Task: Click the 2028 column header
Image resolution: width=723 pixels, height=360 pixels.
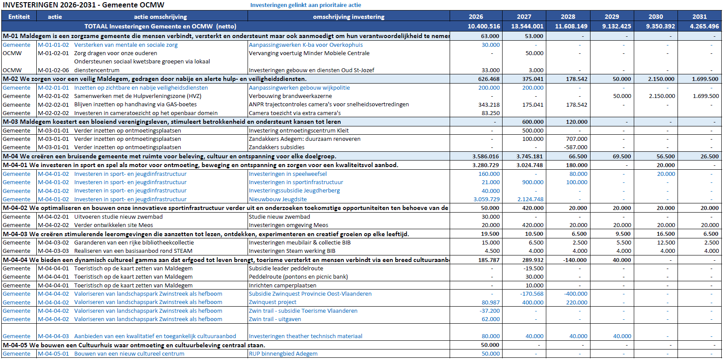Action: point(568,17)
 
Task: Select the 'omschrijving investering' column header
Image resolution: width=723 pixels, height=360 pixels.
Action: point(349,17)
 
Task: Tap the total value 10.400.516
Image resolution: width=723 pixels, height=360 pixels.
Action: point(484,26)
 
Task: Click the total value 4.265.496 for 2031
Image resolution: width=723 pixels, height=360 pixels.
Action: point(704,26)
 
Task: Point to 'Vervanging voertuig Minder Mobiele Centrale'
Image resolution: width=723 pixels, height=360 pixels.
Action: point(309,53)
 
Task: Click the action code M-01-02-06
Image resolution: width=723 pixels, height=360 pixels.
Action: point(53,70)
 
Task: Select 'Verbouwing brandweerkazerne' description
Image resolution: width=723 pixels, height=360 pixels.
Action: point(290,96)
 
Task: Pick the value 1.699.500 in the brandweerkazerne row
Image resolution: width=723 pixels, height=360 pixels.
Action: point(706,96)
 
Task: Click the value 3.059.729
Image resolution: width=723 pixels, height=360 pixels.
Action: point(486,199)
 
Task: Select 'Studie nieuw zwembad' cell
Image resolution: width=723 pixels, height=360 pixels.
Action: point(279,217)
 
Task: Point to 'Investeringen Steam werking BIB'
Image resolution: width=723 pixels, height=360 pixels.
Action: point(292,251)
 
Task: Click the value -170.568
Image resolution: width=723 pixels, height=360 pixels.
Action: point(531,294)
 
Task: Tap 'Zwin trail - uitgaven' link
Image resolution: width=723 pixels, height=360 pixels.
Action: point(275,319)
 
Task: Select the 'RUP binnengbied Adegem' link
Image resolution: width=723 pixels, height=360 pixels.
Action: point(283,354)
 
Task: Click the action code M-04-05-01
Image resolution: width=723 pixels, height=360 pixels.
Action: point(53,354)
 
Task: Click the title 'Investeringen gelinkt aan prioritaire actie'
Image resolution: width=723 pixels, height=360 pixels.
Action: point(305,5)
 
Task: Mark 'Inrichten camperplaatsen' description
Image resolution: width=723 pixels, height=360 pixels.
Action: point(282,286)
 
